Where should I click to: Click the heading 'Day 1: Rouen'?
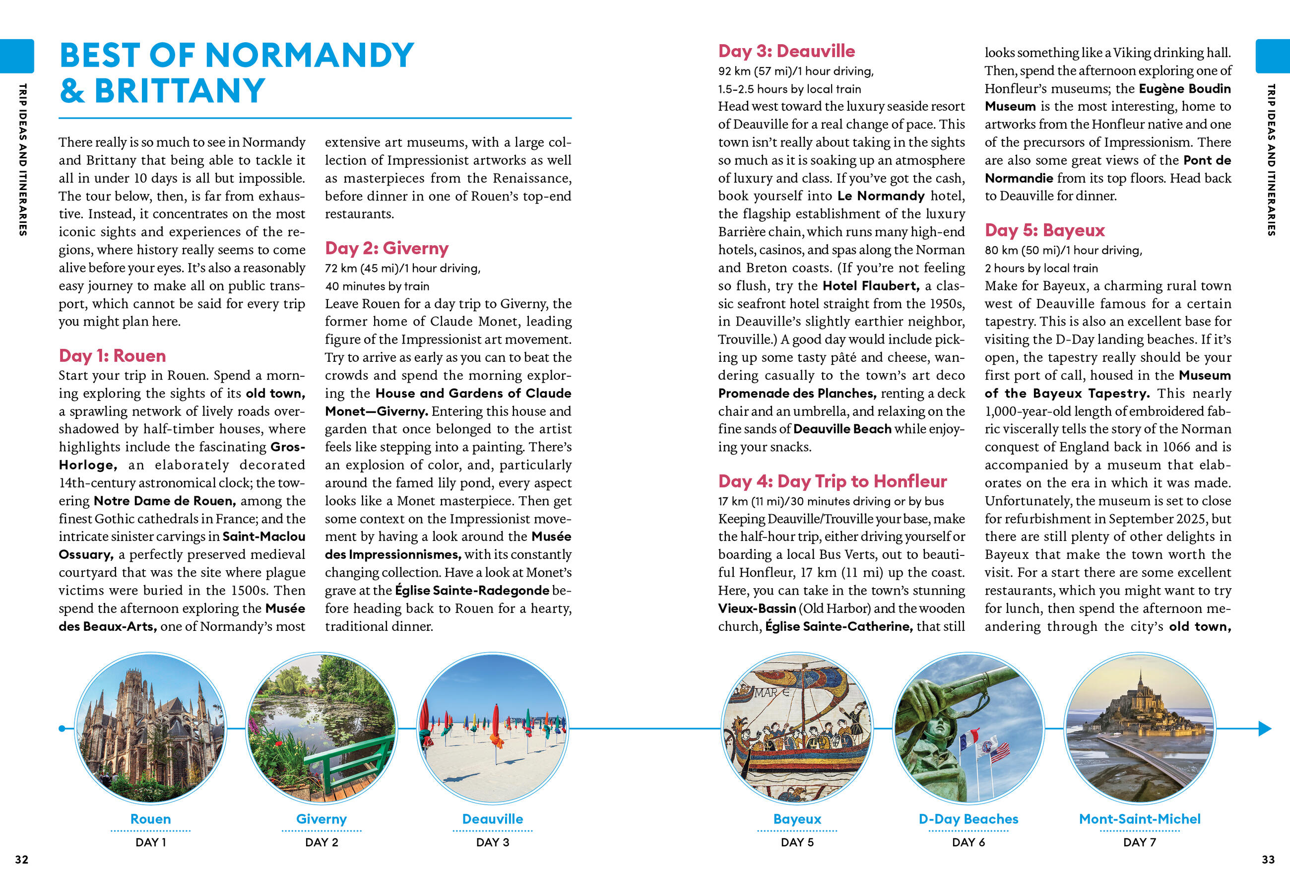point(112,356)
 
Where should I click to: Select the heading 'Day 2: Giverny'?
point(387,248)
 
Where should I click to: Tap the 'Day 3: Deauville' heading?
point(786,51)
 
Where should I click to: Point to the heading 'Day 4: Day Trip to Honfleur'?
point(832,481)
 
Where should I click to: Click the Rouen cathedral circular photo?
point(150,728)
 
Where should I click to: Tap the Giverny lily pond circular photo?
point(322,728)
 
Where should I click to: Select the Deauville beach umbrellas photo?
point(492,728)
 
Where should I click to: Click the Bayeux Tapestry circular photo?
point(797,728)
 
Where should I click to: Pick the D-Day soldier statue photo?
point(968,728)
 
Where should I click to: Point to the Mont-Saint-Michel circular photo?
point(1140,728)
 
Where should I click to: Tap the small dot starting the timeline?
point(62,729)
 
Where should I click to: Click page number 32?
point(22,860)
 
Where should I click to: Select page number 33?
point(1268,860)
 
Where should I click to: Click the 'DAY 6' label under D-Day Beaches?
point(968,842)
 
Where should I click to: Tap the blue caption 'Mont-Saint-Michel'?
point(1140,819)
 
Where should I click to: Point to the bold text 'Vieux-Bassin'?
point(757,609)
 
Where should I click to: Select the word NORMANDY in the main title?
point(310,56)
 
